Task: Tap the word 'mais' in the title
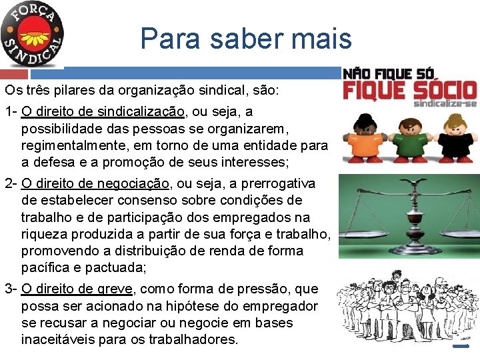tap(325, 39)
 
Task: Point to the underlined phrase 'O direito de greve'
tap(78, 289)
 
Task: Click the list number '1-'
tap(11, 111)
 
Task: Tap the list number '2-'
tap(11, 183)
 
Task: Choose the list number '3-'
tap(11, 289)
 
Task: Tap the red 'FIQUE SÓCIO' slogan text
tap(409, 90)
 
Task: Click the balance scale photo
tap(409, 216)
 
